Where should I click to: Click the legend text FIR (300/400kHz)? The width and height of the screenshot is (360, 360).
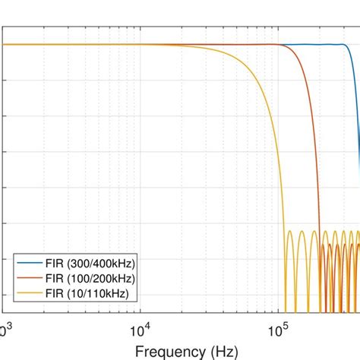point(90,262)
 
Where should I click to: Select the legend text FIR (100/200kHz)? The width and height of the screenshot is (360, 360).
point(90,277)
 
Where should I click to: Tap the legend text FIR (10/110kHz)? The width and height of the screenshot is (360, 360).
point(86,292)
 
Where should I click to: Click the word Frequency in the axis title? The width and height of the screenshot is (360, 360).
point(169,351)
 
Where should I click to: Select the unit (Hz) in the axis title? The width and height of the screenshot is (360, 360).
point(220,351)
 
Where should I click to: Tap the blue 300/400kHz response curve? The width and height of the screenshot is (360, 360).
point(319,45)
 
